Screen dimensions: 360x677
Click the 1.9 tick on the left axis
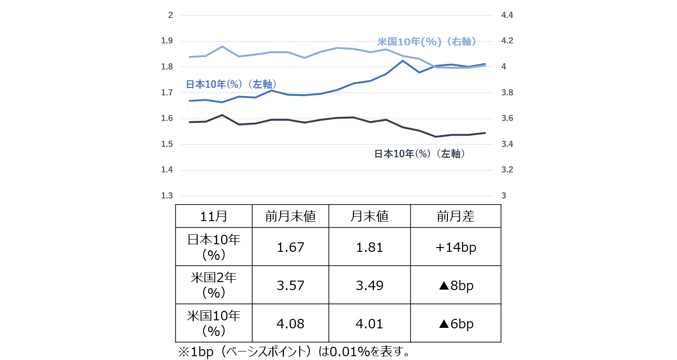click(167, 41)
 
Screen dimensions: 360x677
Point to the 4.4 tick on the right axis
click(507, 16)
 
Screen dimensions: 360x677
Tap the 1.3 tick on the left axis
click(167, 196)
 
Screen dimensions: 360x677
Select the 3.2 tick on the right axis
click(507, 170)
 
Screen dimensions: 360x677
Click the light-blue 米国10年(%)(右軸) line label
click(426, 42)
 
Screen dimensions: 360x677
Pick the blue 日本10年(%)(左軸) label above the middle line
click(231, 85)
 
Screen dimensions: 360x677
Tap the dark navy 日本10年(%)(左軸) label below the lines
click(420, 154)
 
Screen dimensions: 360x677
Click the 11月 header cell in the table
click(214, 216)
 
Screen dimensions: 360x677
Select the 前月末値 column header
click(290, 216)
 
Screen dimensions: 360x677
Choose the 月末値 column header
click(369, 216)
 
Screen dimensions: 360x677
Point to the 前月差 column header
click(455, 216)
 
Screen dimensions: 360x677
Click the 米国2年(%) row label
click(214, 285)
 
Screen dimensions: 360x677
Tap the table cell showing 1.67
click(291, 247)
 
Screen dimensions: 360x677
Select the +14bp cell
click(455, 247)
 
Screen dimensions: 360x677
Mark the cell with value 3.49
click(370, 285)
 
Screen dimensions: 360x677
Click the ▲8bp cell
click(455, 285)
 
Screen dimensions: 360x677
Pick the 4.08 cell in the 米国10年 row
click(291, 324)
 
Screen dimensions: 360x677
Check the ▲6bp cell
click(455, 324)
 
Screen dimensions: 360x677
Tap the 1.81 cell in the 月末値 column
click(370, 247)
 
